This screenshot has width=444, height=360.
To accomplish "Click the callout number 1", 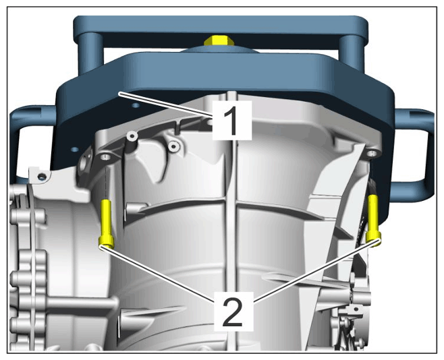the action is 232,121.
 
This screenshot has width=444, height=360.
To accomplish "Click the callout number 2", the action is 233,312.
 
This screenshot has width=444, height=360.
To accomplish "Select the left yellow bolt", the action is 106,224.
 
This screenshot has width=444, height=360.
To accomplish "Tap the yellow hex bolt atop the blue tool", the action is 219,40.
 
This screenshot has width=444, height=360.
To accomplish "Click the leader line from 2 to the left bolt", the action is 157,275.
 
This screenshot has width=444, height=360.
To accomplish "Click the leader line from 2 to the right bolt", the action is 316,271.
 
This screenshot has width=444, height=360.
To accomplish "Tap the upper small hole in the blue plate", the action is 136,106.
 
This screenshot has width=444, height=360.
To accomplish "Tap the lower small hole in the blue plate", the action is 75,149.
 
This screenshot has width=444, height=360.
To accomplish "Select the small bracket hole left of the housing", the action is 43,177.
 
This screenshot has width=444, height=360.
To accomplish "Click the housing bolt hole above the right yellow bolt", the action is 371,154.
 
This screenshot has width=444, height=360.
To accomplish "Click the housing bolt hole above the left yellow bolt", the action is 105,156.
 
